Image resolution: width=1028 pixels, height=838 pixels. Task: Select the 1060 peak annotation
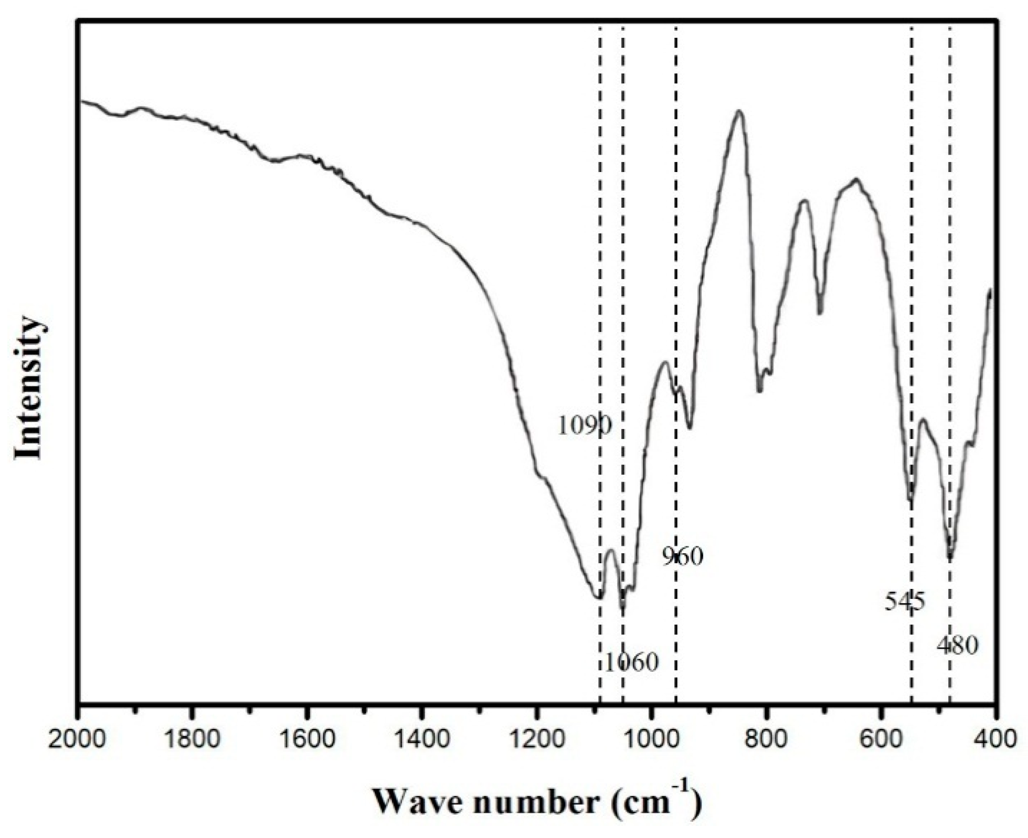click(x=631, y=663)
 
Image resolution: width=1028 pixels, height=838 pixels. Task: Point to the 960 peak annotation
click(x=682, y=556)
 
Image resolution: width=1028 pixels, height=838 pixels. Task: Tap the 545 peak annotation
click(x=905, y=601)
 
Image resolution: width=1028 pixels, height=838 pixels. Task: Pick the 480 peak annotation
click(x=957, y=646)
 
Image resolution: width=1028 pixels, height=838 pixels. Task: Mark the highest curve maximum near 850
click(x=739, y=111)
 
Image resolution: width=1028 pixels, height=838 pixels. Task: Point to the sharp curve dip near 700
click(x=820, y=313)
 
